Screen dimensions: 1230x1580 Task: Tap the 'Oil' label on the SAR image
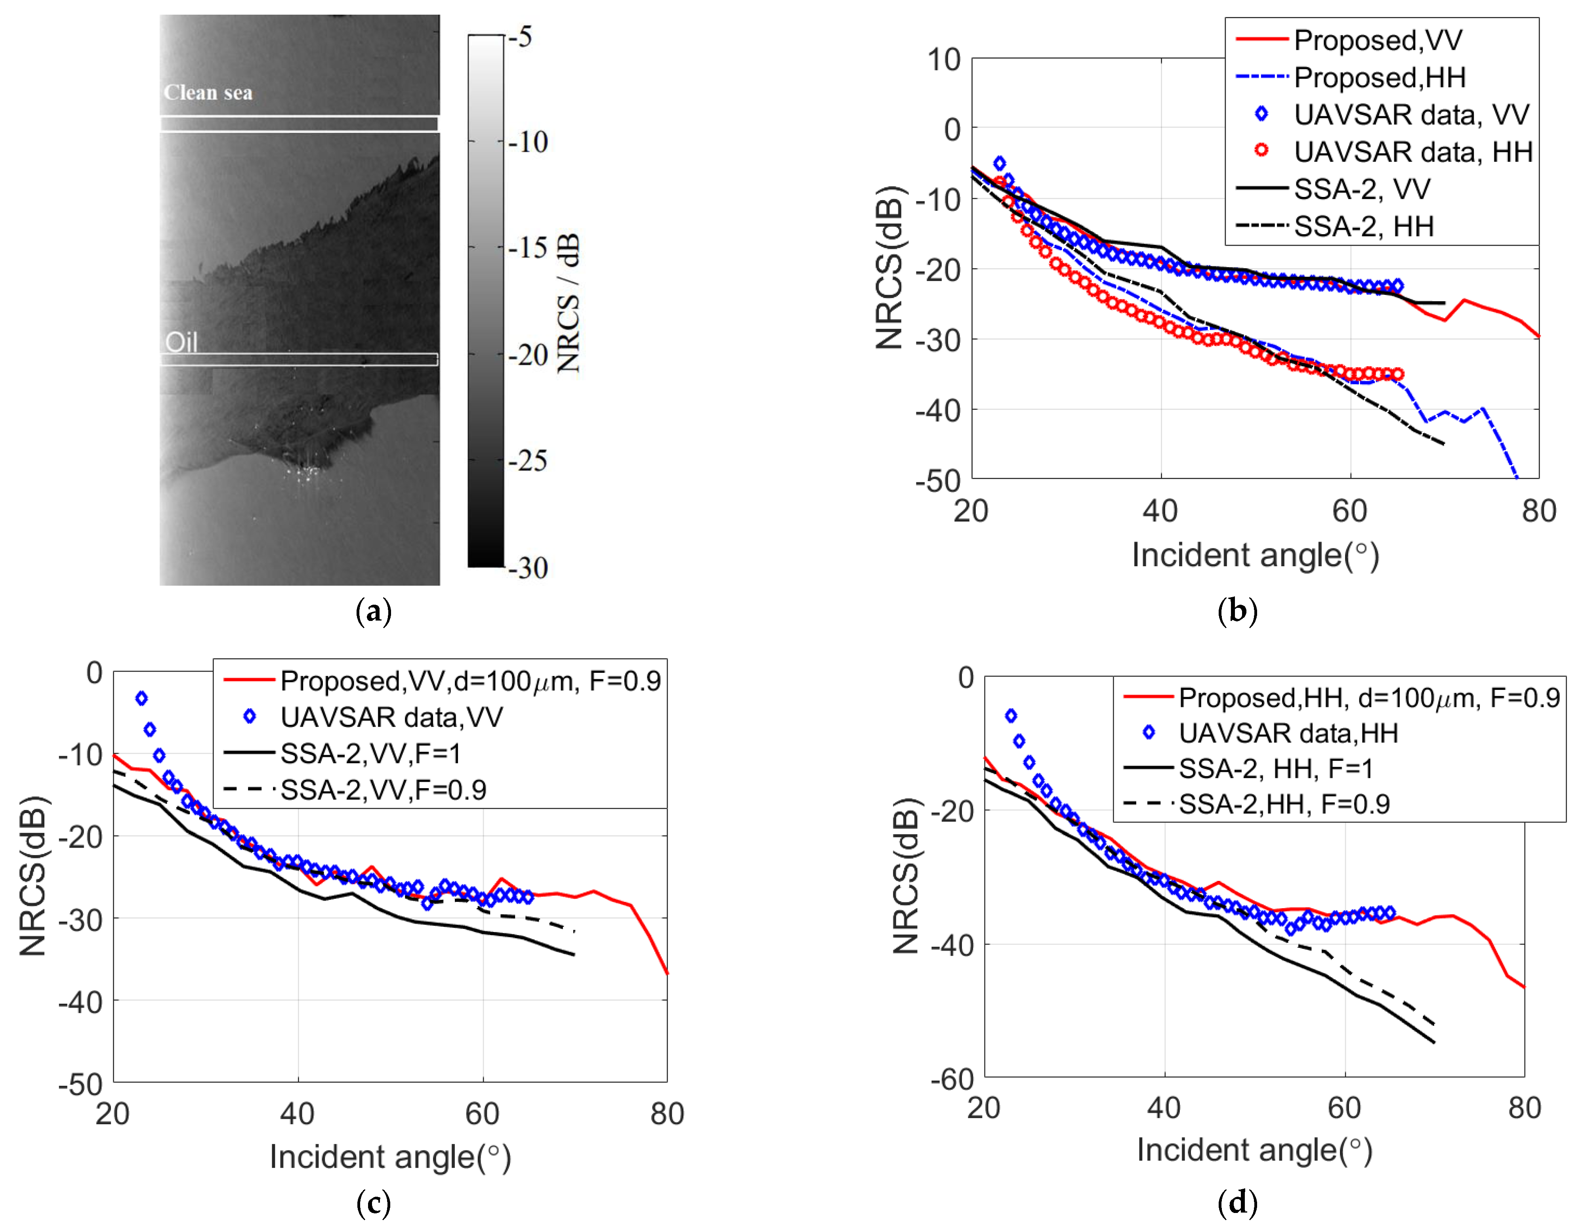[181, 342]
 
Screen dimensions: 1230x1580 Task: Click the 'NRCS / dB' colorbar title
[569, 302]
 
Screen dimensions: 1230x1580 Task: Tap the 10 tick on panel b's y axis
[944, 59]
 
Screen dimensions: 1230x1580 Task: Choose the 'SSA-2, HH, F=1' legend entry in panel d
[1275, 768]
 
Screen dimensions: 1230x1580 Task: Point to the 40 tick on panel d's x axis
[1163, 1108]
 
